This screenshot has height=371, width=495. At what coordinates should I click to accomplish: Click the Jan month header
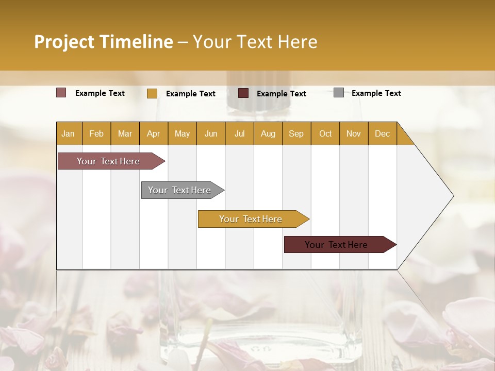click(x=68, y=134)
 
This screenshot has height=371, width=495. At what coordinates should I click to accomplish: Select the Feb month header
click(x=96, y=134)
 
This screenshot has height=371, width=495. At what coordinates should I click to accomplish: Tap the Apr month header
click(x=154, y=134)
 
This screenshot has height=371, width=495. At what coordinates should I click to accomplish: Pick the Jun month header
click(x=211, y=134)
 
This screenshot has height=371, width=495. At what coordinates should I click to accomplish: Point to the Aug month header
click(x=268, y=134)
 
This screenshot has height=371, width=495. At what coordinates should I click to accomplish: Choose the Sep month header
click(x=296, y=134)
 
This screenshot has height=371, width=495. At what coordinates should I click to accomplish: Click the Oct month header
click(x=325, y=134)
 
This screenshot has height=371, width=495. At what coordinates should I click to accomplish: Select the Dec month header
click(x=383, y=134)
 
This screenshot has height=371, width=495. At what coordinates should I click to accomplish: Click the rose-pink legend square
click(x=61, y=93)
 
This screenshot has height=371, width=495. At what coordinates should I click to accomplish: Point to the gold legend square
click(x=152, y=93)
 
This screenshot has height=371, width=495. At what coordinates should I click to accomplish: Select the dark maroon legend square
click(x=243, y=93)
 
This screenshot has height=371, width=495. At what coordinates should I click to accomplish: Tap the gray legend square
click(x=339, y=93)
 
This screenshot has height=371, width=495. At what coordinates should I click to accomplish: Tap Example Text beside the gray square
click(x=376, y=93)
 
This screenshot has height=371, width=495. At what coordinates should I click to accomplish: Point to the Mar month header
click(x=125, y=134)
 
